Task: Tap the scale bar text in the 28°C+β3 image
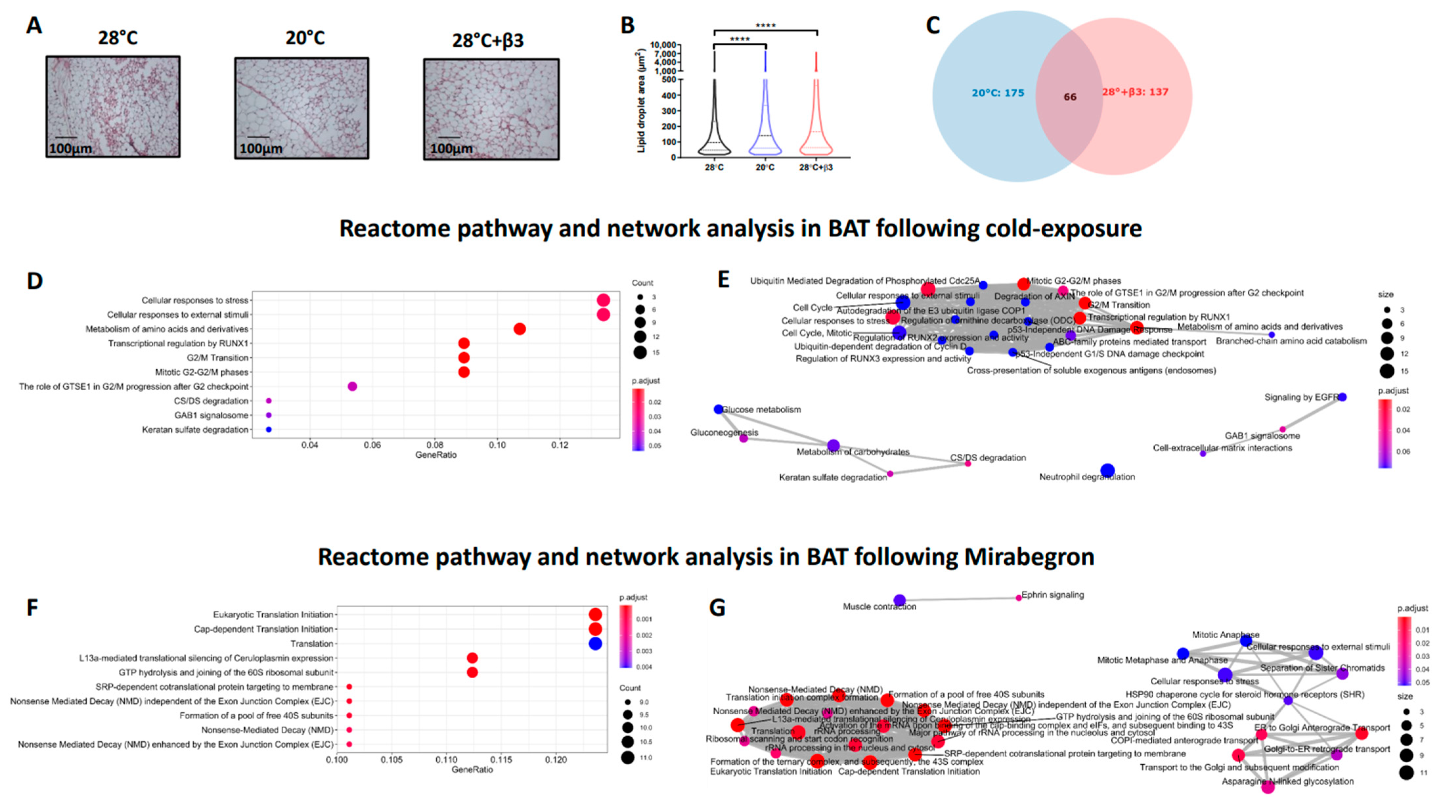pyautogui.click(x=451, y=149)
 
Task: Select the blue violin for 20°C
pyautogui.click(x=765, y=128)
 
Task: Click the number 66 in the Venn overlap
pyautogui.click(x=1069, y=97)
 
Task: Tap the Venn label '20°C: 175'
pyautogui.click(x=998, y=93)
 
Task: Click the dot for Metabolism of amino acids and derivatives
pyautogui.click(x=519, y=329)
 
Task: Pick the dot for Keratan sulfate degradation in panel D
pyautogui.click(x=269, y=429)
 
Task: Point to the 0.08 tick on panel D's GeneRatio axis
pyautogui.click(x=435, y=445)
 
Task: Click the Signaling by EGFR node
pyautogui.click(x=1342, y=397)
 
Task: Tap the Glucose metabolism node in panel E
pyautogui.click(x=718, y=409)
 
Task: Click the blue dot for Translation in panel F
pyautogui.click(x=595, y=643)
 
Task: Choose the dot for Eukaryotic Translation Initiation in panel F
pyautogui.click(x=595, y=615)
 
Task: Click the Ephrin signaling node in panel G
pyautogui.click(x=1019, y=598)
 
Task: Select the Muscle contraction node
pyautogui.click(x=899, y=600)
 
